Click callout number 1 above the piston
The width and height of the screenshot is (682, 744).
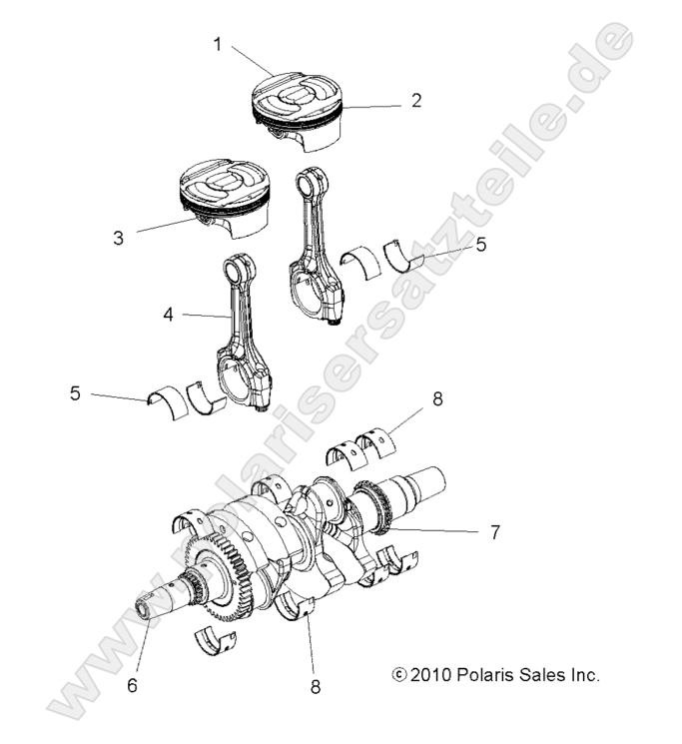(x=217, y=44)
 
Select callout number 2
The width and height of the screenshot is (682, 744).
(x=415, y=100)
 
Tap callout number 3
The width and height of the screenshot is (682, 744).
(x=118, y=239)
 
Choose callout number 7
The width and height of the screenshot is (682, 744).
(x=493, y=532)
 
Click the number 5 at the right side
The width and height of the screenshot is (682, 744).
(x=480, y=245)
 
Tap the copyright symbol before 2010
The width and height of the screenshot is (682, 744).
(x=400, y=675)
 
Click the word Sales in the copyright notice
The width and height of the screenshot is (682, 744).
(x=543, y=675)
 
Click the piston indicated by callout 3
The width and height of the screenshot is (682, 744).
(x=224, y=200)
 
